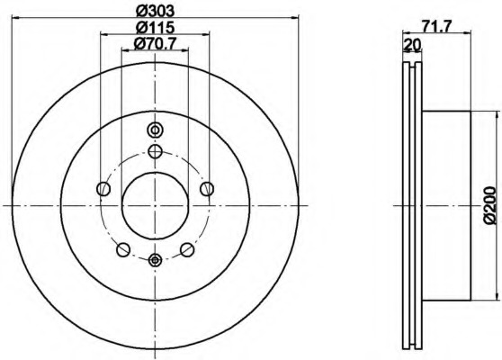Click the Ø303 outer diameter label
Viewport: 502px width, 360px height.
coord(155,12)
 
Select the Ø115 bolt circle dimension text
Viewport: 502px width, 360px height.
coord(154,27)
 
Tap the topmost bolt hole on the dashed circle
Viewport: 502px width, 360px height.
coord(155,150)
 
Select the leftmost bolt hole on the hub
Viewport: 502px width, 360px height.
coord(103,189)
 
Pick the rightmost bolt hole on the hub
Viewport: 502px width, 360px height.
coord(207,188)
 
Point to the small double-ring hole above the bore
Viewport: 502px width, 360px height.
coord(155,129)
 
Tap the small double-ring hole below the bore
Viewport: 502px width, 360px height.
coord(155,261)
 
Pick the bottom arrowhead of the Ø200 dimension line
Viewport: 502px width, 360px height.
coord(496,298)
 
